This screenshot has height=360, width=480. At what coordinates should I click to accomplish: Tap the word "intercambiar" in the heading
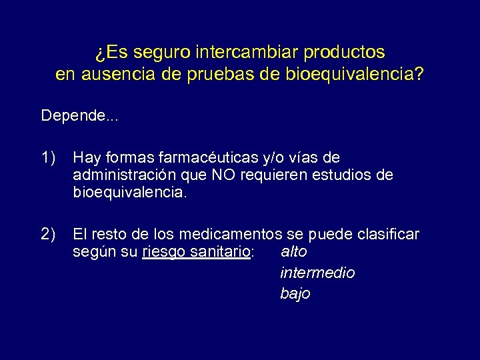click(235, 51)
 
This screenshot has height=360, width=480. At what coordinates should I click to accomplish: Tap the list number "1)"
click(48, 158)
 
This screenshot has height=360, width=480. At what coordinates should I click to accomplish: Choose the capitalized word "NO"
click(224, 175)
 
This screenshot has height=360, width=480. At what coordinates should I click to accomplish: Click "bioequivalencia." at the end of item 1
click(131, 193)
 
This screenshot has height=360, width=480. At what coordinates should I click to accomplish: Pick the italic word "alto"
click(294, 253)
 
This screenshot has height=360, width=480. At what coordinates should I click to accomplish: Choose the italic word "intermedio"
click(317, 273)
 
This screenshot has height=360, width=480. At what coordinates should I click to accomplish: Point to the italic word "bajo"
click(295, 293)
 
